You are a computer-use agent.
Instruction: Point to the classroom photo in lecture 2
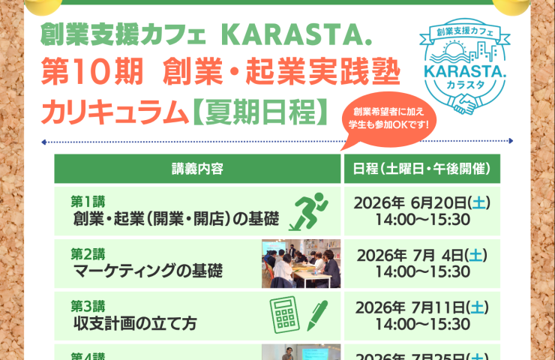coord(301,263)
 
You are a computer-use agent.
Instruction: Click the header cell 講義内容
coord(197,168)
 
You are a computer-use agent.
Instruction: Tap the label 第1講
coord(88,201)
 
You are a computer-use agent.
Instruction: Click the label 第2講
coord(88,253)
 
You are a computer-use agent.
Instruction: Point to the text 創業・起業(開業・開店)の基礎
coord(176,218)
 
